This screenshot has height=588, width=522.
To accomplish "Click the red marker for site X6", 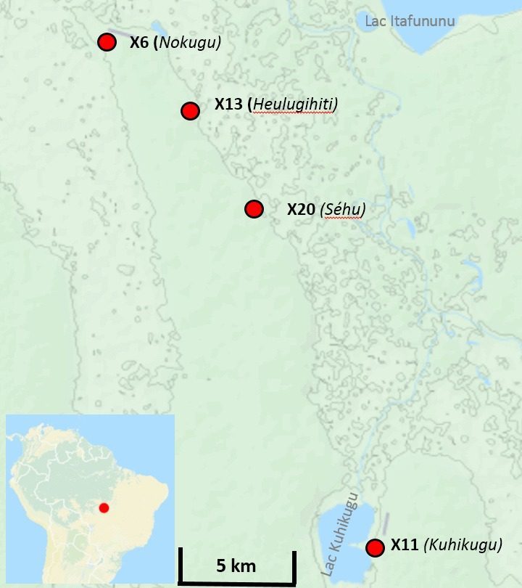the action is pyautogui.click(x=107, y=42).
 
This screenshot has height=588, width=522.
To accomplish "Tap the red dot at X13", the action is pyautogui.click(x=190, y=110).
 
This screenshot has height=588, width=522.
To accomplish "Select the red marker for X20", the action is pyautogui.click(x=254, y=209).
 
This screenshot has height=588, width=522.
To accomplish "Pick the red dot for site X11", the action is pyautogui.click(x=375, y=548).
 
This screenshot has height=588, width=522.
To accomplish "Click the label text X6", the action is pyautogui.click(x=139, y=42).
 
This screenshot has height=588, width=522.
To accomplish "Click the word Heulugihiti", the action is pyautogui.click(x=293, y=105).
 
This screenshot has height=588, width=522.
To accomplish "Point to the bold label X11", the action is pyautogui.click(x=405, y=544).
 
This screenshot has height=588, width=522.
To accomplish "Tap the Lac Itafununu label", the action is pyautogui.click(x=410, y=21).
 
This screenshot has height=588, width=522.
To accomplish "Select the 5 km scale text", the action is pyautogui.click(x=235, y=565).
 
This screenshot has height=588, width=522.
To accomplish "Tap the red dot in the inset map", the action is pyautogui.click(x=104, y=507).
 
